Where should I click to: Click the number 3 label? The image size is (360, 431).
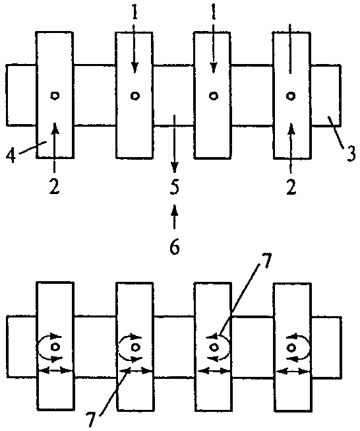[x=351, y=153]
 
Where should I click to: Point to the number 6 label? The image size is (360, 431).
[x=175, y=246]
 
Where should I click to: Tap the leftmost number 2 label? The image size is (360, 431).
[x=54, y=187]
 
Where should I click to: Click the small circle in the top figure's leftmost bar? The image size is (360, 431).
[x=55, y=96]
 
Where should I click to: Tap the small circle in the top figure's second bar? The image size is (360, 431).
[x=135, y=96]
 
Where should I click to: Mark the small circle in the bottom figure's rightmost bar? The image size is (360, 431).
[x=291, y=348]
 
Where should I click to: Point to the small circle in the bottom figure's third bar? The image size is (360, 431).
[x=214, y=347]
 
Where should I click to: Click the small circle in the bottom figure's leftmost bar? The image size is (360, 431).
[x=55, y=347]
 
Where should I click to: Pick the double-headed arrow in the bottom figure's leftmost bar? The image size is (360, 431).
[x=55, y=370]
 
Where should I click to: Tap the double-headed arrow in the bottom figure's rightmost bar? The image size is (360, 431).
[x=293, y=372]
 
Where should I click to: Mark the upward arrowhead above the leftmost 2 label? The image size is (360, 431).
[x=55, y=128]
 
